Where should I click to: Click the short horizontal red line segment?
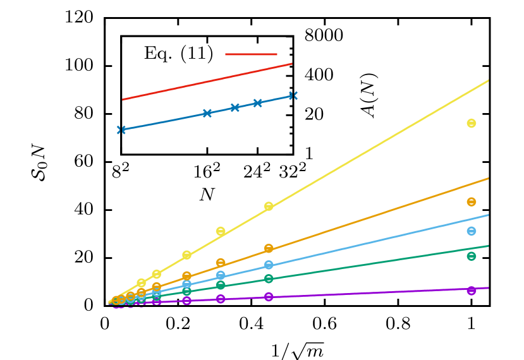251,54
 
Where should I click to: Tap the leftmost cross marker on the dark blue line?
121,129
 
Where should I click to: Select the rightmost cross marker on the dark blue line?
293,95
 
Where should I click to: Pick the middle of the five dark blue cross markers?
235,107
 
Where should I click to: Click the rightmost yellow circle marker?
472,123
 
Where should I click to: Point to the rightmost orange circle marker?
472,202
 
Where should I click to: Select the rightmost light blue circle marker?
472,231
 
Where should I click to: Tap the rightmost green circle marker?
472,256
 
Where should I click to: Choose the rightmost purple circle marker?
472,291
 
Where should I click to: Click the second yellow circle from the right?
269,207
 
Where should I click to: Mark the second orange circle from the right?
269,248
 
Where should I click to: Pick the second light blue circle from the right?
269,265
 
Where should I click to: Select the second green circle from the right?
269,279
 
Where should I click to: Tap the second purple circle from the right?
269,297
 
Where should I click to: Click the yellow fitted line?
379,145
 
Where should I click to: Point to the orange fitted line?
379,212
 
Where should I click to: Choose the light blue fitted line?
379,239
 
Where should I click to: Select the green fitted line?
379,261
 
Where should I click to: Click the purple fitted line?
379,292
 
